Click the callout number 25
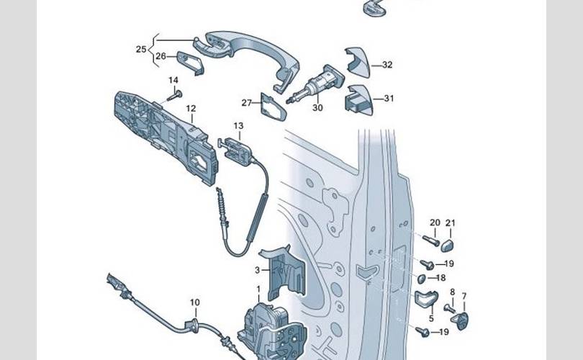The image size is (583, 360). click(140, 49)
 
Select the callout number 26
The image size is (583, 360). click(161, 56)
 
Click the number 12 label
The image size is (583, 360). click(191, 109)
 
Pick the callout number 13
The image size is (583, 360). click(238, 126)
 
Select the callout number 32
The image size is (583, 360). click(387, 65)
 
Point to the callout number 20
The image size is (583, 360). click(434, 222)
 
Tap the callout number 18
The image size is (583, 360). click(440, 278)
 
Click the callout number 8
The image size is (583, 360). click(452, 292)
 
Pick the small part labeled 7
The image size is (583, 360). click(464, 318)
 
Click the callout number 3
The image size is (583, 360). click(257, 271)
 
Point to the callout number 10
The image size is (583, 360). click(194, 302)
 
